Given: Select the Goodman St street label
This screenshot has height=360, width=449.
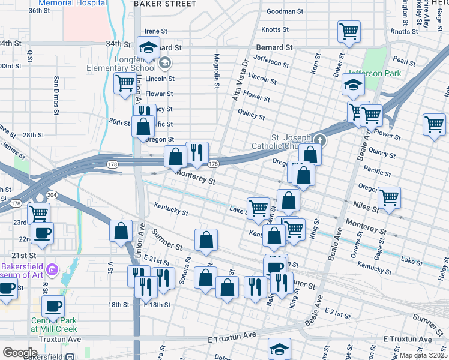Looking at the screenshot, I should click(285, 11).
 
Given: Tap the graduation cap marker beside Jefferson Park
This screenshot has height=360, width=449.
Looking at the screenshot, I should click(354, 85).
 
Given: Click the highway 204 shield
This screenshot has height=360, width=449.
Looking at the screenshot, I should click(52, 195).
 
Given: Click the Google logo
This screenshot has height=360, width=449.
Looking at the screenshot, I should click(20, 352).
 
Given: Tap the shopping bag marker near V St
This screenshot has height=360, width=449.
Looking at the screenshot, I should click(121, 230).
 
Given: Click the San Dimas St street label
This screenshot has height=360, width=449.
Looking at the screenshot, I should click(56, 95).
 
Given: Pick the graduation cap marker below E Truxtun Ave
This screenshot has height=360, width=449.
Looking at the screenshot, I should click(279, 349).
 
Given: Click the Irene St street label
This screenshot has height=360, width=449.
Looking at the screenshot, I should click(155, 31).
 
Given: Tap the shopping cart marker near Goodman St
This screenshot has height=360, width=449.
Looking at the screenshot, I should click(349, 31).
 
